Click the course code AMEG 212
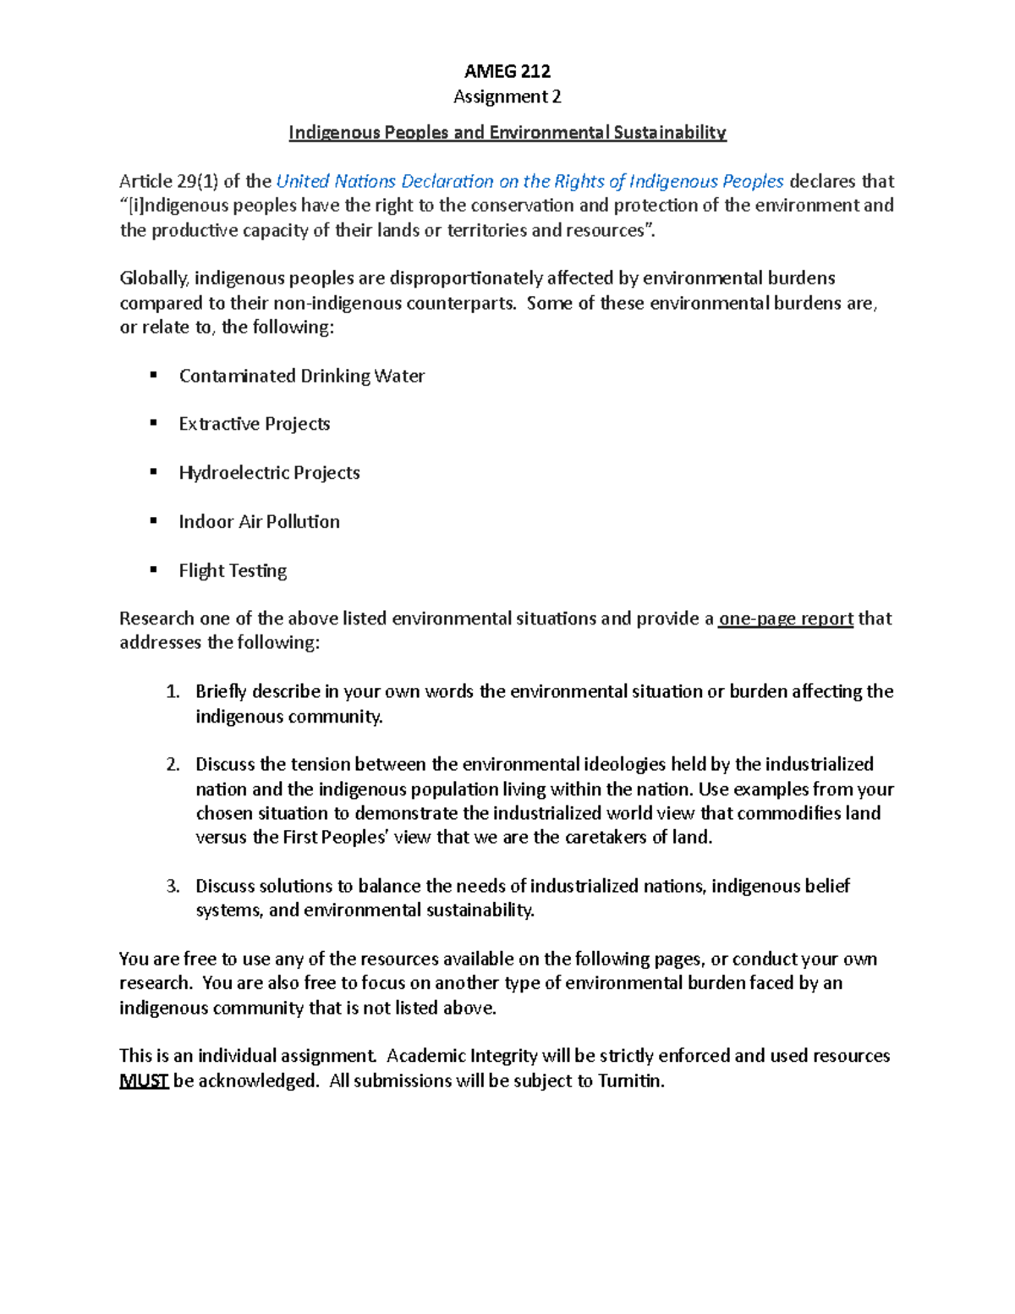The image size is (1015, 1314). (507, 71)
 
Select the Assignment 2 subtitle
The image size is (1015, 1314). (507, 96)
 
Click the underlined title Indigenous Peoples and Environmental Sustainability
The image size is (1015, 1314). (507, 132)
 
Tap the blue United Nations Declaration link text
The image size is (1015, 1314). (530, 181)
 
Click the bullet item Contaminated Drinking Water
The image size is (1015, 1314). (301, 376)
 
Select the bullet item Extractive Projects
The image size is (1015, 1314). (254, 424)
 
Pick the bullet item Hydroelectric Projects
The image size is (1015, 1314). (269, 473)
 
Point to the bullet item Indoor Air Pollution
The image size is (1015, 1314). (259, 522)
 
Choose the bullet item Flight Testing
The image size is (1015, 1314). (233, 571)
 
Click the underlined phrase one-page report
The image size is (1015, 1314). (786, 619)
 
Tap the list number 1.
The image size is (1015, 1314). (173, 692)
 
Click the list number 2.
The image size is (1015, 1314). (173, 765)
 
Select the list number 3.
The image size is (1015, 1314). (173, 887)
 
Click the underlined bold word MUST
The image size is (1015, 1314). (144, 1081)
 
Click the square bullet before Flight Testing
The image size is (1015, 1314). (154, 570)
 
